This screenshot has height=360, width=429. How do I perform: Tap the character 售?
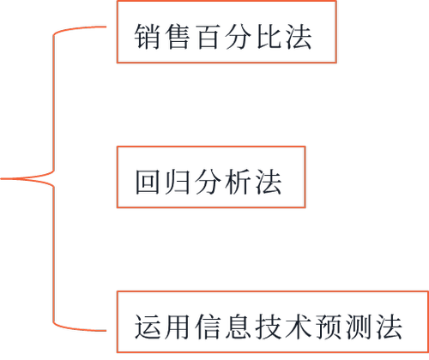(x=178, y=37)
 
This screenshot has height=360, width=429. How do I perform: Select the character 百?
(x=208, y=37)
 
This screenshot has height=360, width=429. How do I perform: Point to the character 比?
(x=269, y=37)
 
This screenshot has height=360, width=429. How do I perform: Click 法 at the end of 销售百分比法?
(x=299, y=37)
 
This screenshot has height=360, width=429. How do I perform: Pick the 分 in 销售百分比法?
(x=238, y=37)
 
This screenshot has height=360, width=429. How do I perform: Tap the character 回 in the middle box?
(x=148, y=182)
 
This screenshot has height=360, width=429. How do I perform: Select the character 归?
(x=178, y=182)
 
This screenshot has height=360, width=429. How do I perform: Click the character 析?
(x=238, y=182)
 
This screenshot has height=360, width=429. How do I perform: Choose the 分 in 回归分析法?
(x=208, y=182)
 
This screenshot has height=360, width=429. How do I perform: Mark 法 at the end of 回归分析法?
(x=269, y=182)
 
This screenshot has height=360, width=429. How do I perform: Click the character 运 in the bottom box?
(x=148, y=327)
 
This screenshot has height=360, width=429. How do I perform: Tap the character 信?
(x=208, y=327)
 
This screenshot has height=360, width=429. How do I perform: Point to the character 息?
(x=238, y=327)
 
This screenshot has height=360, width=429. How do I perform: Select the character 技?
(x=269, y=327)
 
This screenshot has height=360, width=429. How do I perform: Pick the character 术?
(x=299, y=327)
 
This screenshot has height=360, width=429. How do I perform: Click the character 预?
(x=329, y=327)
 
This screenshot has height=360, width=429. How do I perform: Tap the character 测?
(x=360, y=327)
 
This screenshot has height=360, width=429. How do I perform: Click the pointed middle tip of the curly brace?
(x=1, y=179)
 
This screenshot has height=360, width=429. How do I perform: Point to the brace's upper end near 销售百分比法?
(x=106, y=27)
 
